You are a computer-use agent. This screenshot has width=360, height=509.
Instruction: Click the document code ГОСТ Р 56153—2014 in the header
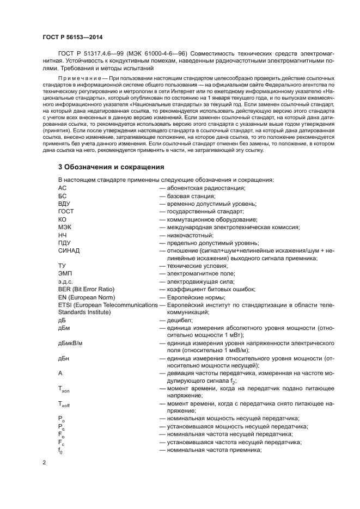pyautogui.click(x=72, y=37)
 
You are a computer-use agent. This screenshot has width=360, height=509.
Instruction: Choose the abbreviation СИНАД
pyautogui.click(x=69, y=250)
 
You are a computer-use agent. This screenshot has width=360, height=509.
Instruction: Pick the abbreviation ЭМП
pyautogui.click(x=65, y=274)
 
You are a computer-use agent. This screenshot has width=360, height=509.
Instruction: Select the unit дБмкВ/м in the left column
pyautogui.click(x=74, y=344)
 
